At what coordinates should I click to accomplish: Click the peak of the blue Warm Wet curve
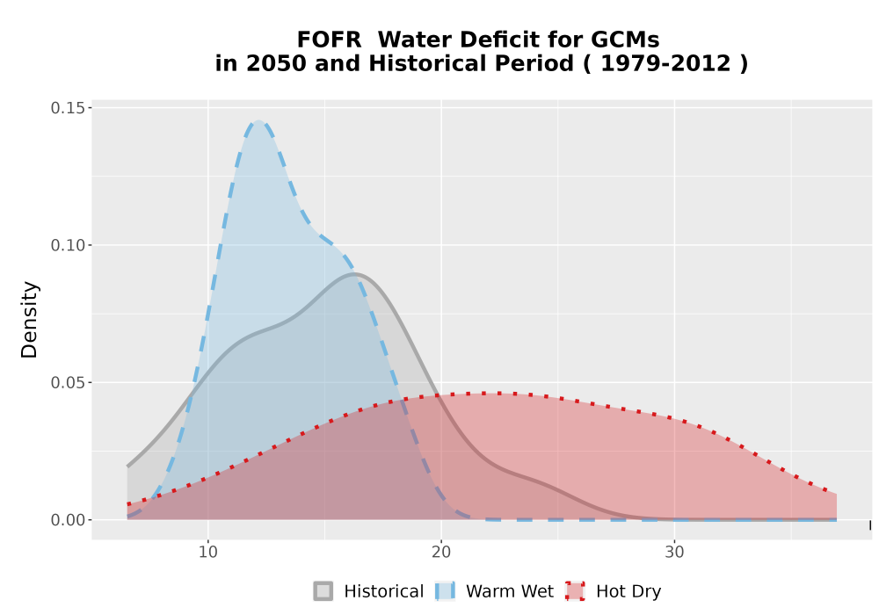coord(258,121)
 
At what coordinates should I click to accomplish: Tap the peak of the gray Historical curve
coord(354,274)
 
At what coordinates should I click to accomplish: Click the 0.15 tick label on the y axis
coord(69,107)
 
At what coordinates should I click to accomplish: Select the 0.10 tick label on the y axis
coord(69,245)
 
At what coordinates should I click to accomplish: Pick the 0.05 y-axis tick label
coord(69,382)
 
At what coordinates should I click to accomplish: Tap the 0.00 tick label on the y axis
coord(69,520)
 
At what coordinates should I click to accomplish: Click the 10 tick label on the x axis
coord(208,553)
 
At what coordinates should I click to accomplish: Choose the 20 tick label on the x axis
coord(441,553)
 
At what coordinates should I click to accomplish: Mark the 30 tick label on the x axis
coord(674,553)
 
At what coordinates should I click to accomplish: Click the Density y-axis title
coord(29,320)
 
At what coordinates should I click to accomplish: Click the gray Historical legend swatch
coord(323,591)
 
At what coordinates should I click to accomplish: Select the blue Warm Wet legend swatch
coord(445,591)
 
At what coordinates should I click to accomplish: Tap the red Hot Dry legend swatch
coord(575,591)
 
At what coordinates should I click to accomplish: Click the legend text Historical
coord(384,591)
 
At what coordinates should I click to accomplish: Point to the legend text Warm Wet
coord(510,591)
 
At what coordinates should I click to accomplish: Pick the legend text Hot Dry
coord(628,592)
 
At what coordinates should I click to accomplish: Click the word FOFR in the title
coord(329,40)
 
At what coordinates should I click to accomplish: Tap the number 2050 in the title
coord(276,63)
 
